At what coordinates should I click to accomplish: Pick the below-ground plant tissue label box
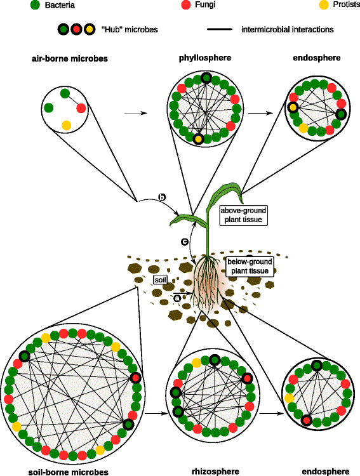pyautogui.click(x=250, y=266)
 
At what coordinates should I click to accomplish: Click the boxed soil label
pyautogui.click(x=161, y=279)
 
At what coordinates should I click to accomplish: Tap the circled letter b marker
pyautogui.click(x=162, y=199)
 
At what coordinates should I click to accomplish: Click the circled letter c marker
pyautogui.click(x=185, y=242)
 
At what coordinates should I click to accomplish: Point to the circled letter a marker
pyautogui.click(x=178, y=298)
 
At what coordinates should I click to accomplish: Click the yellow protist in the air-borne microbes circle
pyautogui.click(x=65, y=123)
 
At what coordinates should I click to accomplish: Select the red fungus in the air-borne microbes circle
pyautogui.click(x=81, y=108)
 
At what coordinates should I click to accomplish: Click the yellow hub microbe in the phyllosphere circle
pyautogui.click(x=199, y=138)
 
